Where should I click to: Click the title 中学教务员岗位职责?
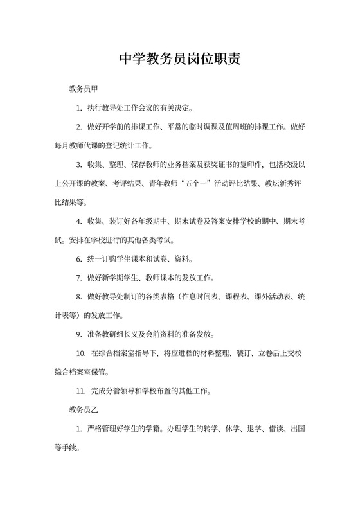pyautogui.click(x=180, y=59)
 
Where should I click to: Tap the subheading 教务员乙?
pyautogui.click(x=83, y=409)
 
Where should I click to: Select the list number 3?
pyautogui.click(x=78, y=165)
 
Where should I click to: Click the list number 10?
pyautogui.click(x=80, y=353)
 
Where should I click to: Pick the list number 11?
pyautogui.click(x=80, y=390)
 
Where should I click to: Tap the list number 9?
pyautogui.click(x=78, y=334)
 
